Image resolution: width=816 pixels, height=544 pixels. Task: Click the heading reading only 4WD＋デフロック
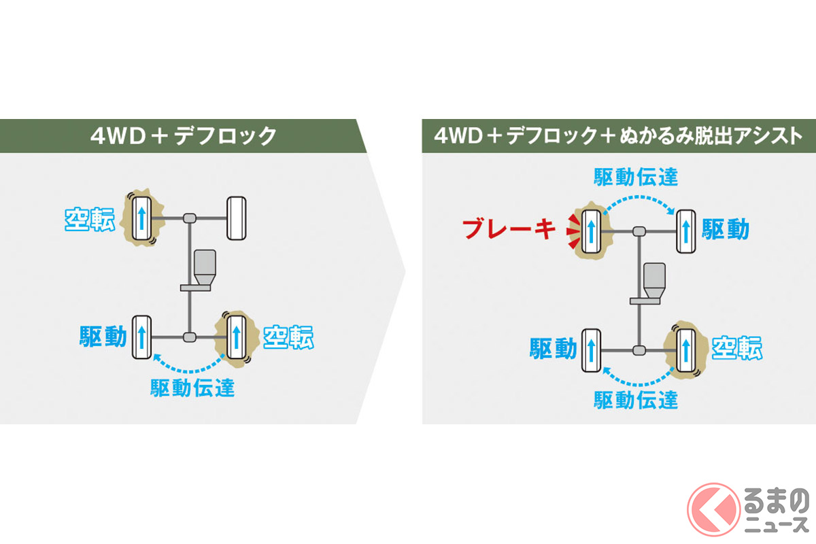(184, 136)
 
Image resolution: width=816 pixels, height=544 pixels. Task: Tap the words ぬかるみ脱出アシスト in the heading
(707, 136)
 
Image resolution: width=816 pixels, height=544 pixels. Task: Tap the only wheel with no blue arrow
(236, 218)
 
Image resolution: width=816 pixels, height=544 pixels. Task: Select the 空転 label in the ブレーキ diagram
(737, 349)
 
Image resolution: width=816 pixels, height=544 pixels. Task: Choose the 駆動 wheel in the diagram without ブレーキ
(141, 337)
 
